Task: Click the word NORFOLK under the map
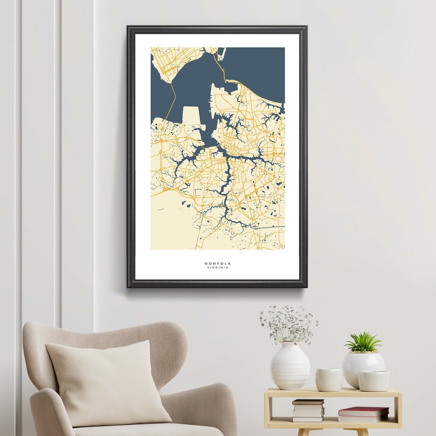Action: coord(218,264)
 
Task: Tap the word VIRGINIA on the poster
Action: coord(218,268)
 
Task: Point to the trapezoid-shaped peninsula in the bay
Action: coord(191,115)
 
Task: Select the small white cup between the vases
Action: coord(329,379)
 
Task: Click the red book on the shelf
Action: coord(363,411)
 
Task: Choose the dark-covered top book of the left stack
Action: coord(308,402)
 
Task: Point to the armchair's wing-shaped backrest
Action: coord(121,335)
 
